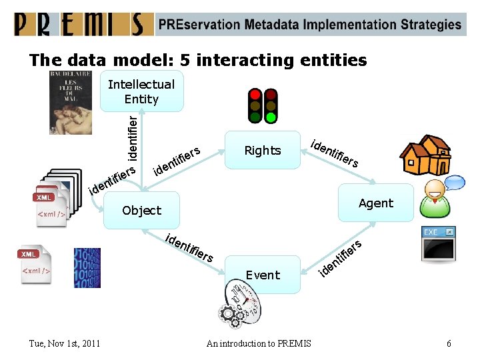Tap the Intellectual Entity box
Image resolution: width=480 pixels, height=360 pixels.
click(x=141, y=92)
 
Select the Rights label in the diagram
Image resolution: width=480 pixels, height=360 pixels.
click(x=263, y=151)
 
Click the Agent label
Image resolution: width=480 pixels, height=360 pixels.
click(x=376, y=203)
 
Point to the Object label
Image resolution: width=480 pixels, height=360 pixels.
click(x=141, y=211)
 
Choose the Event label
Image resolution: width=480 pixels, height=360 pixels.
click(x=263, y=275)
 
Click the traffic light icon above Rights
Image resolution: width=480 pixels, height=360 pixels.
click(x=263, y=105)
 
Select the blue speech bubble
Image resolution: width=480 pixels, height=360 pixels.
click(x=454, y=181)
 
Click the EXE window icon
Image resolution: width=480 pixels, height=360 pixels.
click(x=439, y=243)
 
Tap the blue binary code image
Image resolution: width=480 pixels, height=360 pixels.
click(x=87, y=268)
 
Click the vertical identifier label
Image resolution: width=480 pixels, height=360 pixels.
click(x=133, y=137)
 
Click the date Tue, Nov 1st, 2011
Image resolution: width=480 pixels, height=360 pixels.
click(x=65, y=343)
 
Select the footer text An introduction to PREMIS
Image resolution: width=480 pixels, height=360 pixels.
click(x=259, y=343)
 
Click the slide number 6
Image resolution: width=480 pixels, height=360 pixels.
click(x=449, y=343)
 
